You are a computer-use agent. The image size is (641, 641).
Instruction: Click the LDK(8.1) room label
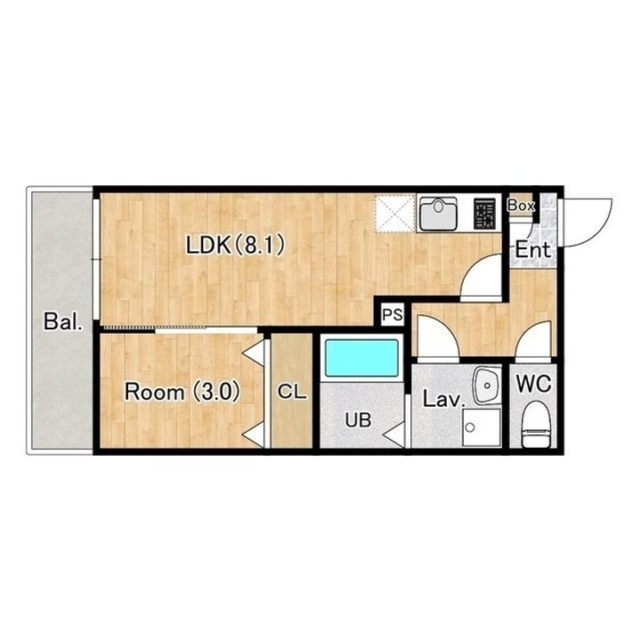pyautogui.click(x=235, y=246)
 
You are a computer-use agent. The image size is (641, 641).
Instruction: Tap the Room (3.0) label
pyautogui.click(x=182, y=392)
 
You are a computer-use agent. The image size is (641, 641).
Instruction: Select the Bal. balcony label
pyautogui.click(x=63, y=321)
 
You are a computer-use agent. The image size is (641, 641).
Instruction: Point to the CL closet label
pyautogui.click(x=292, y=392)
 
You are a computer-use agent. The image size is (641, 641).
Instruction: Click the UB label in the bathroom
pyautogui.click(x=358, y=420)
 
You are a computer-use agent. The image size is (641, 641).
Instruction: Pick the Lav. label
pyautogui.click(x=444, y=399)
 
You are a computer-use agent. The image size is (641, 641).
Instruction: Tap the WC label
pyautogui.click(x=533, y=384)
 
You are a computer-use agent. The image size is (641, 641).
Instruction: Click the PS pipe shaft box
pyautogui.click(x=393, y=315)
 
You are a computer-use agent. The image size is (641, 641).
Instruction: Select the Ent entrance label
pyautogui.click(x=532, y=250)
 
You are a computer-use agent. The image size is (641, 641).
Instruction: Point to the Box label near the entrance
pyautogui.click(x=521, y=206)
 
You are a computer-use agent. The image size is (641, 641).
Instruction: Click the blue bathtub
pyautogui.click(x=361, y=358)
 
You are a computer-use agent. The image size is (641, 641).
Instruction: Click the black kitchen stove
pyautogui.click(x=485, y=214)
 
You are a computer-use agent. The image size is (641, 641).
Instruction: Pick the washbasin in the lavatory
pyautogui.click(x=486, y=385)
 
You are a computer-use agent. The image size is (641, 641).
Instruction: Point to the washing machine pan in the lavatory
pyautogui.click(x=482, y=427)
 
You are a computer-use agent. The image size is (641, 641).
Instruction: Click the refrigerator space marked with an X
pyautogui.click(x=395, y=214)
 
